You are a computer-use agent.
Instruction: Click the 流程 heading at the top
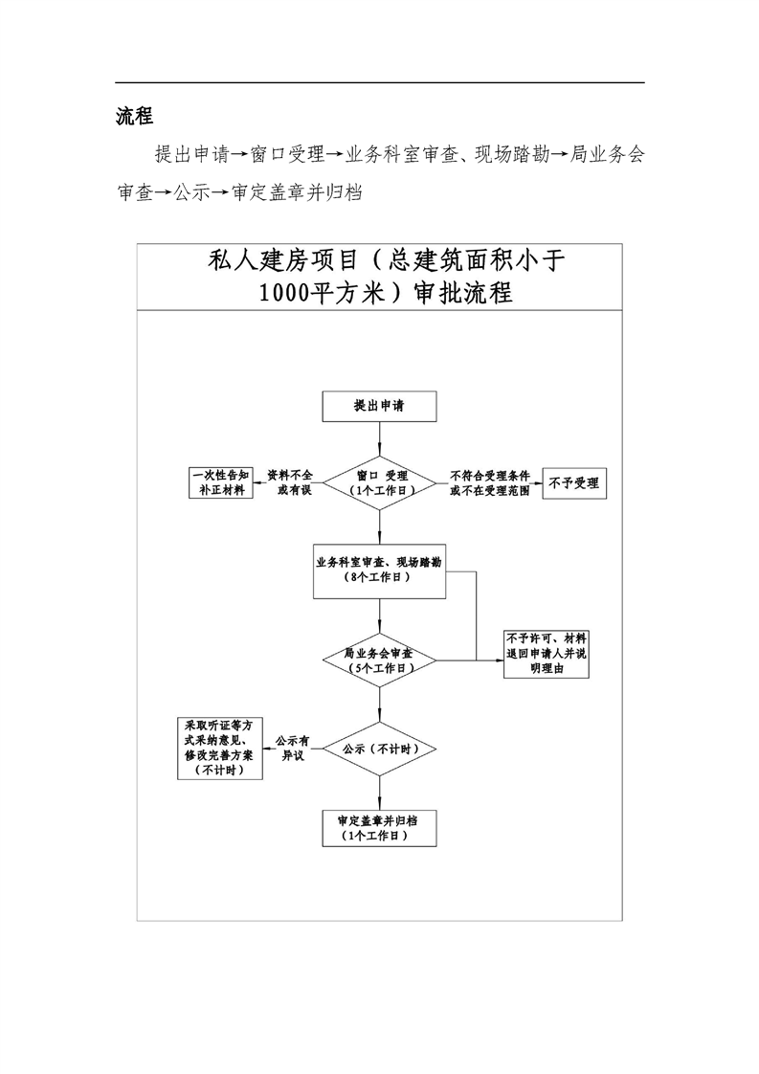(x=134, y=117)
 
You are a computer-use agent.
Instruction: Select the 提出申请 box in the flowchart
(x=380, y=406)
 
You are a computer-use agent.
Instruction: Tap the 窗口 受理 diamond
(x=380, y=481)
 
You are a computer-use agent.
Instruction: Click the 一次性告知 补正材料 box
(x=220, y=481)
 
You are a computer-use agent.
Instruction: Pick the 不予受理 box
(x=574, y=483)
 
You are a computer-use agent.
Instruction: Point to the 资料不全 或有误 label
(x=289, y=481)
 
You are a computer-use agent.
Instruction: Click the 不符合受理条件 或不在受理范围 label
(x=490, y=481)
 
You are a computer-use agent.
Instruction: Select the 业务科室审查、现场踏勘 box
(x=380, y=571)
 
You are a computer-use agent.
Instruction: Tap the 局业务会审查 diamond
(x=380, y=660)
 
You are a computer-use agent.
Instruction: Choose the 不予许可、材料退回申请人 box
(x=547, y=654)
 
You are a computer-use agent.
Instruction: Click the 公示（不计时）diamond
(x=380, y=748)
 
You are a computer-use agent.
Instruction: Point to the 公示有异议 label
(x=292, y=748)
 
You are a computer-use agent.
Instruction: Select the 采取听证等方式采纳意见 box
(x=219, y=748)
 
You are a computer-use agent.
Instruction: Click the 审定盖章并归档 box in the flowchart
(x=380, y=828)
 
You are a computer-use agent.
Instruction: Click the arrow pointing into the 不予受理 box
(x=536, y=482)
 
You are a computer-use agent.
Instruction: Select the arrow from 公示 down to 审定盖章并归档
(x=380, y=793)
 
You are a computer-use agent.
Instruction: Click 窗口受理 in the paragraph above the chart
(x=286, y=154)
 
